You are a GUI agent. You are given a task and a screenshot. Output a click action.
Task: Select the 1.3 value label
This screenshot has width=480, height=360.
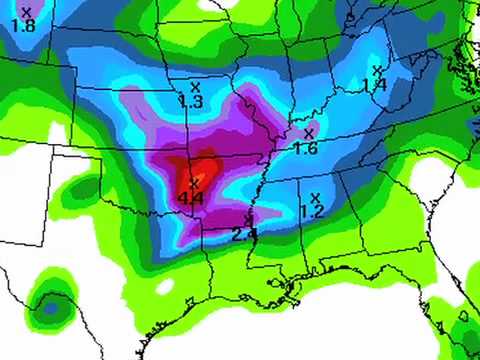[190, 101]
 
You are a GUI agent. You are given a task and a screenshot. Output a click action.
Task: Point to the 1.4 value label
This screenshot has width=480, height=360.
[375, 86]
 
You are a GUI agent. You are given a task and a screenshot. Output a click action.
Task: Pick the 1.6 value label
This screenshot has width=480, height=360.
[306, 148]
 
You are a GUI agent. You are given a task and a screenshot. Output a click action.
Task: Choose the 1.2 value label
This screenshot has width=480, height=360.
[312, 212]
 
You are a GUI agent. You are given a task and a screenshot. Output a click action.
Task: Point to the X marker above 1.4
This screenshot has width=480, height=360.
[376, 70]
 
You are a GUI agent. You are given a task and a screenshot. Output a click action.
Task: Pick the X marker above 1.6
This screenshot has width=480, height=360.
[308, 132]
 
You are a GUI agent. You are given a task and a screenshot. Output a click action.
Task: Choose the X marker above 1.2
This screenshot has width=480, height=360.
[315, 197]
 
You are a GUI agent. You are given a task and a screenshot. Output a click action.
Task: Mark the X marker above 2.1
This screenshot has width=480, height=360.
[248, 219]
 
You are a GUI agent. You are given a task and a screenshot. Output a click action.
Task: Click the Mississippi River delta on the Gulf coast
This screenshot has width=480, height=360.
[292, 290]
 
